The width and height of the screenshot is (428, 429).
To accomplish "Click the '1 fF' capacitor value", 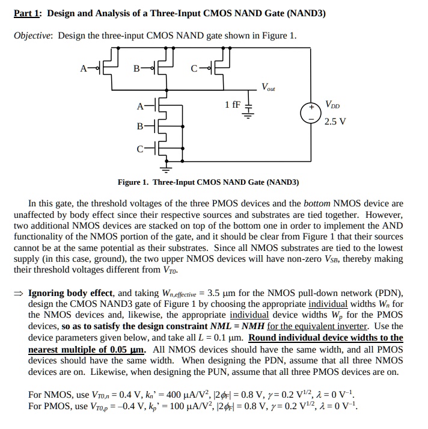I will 232,105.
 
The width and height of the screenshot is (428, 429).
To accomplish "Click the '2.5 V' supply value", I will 335,121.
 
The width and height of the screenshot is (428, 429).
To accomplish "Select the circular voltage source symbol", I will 311,113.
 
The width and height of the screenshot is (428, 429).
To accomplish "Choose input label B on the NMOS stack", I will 140,127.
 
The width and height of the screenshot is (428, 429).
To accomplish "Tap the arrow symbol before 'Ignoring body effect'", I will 19,294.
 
